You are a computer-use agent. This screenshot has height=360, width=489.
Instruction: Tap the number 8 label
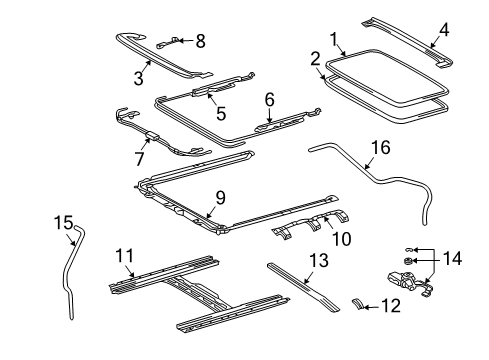[x=199, y=41]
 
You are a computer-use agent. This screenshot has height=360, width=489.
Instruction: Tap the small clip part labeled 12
[x=361, y=331]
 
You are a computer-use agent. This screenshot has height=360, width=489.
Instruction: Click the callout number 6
[x=269, y=99]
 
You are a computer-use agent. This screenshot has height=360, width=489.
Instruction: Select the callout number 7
[x=139, y=158]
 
